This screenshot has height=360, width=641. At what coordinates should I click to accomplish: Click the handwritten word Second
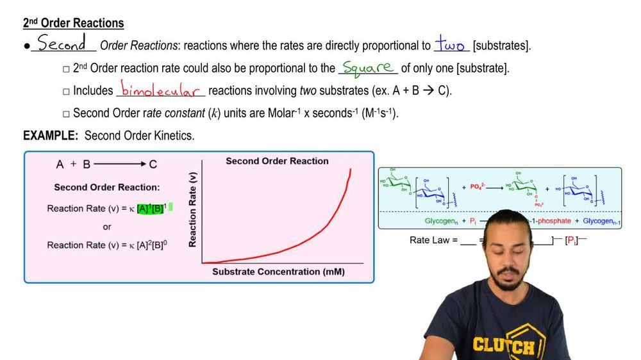(62, 44)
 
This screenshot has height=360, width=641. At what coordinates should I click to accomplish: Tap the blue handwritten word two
(451, 45)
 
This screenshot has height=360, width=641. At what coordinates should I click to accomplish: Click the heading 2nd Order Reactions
(73, 23)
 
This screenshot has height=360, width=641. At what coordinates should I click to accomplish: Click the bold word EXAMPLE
(50, 136)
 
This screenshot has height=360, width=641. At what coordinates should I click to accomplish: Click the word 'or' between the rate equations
(107, 227)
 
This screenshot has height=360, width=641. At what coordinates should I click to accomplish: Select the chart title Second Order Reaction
(277, 161)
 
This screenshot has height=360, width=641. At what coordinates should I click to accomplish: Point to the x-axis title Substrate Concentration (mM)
(278, 272)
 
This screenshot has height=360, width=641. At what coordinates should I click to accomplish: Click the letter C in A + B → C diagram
(153, 165)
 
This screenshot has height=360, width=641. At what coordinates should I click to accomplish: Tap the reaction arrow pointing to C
(120, 165)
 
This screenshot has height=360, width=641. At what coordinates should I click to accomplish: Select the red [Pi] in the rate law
(571, 241)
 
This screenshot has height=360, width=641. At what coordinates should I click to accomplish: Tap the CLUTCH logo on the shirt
(504, 346)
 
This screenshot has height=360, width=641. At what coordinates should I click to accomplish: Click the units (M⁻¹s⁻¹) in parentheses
(374, 113)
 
